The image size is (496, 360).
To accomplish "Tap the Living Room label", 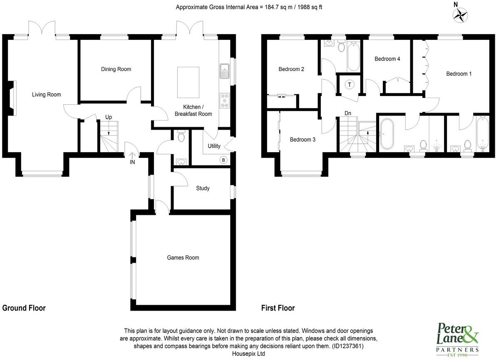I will pos(47,95).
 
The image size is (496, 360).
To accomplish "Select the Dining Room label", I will pos(116,69).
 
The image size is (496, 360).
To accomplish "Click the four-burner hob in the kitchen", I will pos(225,100).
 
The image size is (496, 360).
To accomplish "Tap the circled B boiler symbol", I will pos(223,160).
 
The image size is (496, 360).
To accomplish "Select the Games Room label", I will pos(183,258).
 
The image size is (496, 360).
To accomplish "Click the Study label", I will pos(203,188).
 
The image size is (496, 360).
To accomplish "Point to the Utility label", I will pos(214,146).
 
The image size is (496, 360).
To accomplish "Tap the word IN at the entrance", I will pos(132,162).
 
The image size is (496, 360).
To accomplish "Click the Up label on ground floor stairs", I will pos(108,117).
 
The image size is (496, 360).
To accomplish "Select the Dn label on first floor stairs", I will pos(348,113).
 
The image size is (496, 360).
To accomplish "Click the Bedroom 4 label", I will pos(387,59).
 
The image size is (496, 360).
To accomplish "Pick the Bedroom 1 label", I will pos(459,74).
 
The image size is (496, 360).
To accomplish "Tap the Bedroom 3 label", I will pos(303,140).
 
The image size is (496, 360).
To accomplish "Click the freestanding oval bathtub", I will pos(387,134).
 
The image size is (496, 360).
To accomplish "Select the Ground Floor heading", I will pos(24,308).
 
